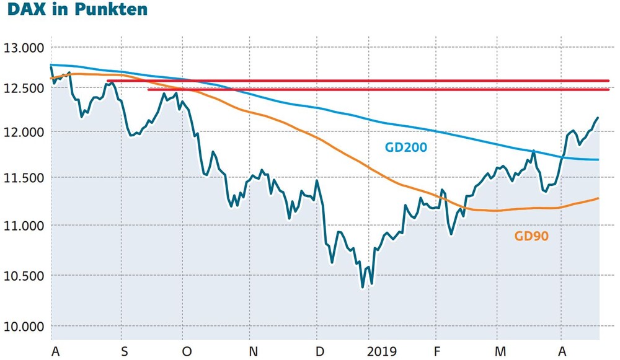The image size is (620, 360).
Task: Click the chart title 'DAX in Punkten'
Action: point(77,9)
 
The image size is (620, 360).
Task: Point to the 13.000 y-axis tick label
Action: point(24,48)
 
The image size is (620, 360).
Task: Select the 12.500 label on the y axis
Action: point(24,89)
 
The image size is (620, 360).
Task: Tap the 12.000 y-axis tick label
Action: point(24,133)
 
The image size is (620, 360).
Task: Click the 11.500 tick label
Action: point(24,178)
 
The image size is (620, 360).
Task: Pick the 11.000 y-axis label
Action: point(24,226)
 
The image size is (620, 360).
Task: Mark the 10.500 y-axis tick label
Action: point(24,276)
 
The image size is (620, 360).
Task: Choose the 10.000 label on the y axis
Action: point(24,327)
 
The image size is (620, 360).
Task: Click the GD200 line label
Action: point(406,147)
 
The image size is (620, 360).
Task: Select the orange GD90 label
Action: point(531,236)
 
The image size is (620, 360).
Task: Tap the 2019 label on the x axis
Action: point(381,351)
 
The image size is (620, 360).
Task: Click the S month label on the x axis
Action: point(125,351)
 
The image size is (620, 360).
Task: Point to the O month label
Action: point(187,351)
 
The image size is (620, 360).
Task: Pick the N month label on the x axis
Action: point(254,351)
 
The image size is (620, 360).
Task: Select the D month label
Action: point(321,351)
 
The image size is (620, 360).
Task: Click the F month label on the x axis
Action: point(437,351)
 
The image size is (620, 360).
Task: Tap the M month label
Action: point(500,351)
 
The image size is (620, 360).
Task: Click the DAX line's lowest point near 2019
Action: point(363,288)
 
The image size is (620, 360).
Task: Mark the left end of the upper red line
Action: point(107,81)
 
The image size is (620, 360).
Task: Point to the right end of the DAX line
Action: point(598,117)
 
